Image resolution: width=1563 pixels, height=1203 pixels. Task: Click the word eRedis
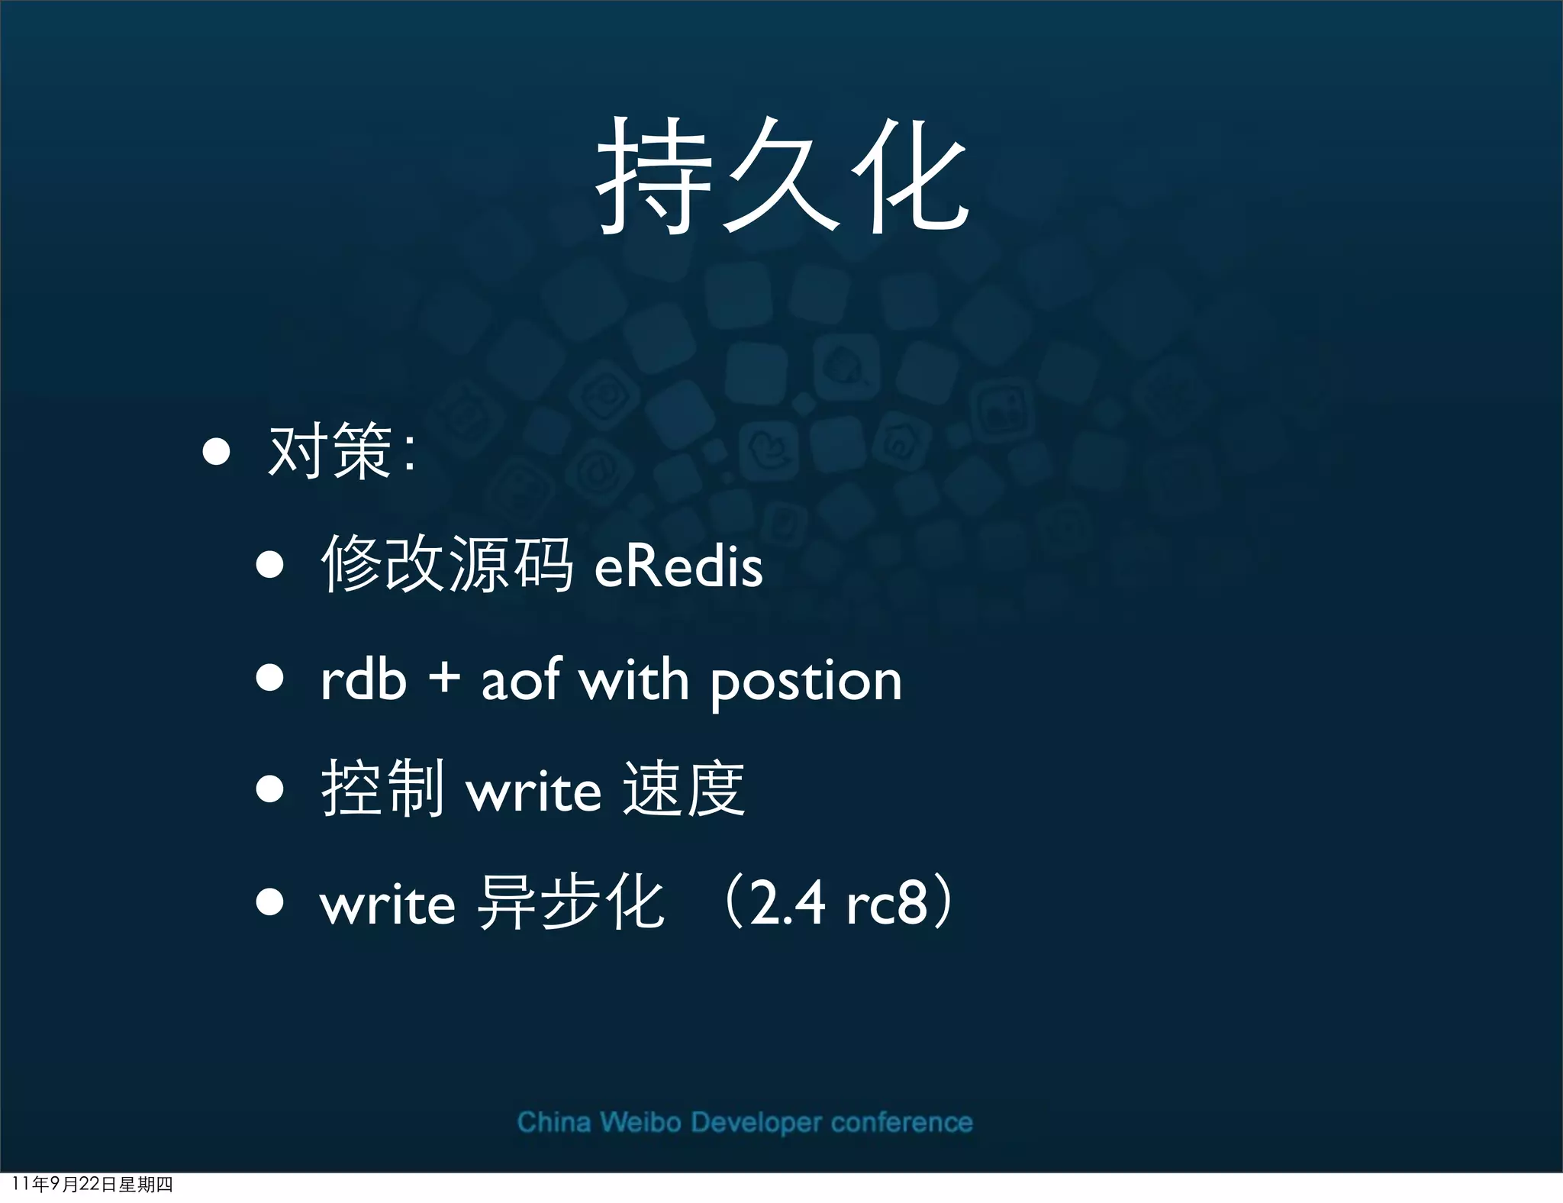(678, 566)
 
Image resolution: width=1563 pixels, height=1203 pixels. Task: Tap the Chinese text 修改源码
(446, 565)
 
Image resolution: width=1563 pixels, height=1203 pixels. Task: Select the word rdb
(363, 679)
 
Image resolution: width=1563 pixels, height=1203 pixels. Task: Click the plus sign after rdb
(444, 678)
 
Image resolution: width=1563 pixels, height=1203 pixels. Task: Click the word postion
(806, 682)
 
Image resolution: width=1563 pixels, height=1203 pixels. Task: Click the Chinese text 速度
(683, 789)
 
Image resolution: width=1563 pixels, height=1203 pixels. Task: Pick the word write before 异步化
(388, 905)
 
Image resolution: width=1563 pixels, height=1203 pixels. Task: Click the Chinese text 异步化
(570, 903)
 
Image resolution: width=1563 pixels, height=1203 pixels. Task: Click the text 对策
(330, 452)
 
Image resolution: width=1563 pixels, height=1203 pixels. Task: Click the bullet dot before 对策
(217, 451)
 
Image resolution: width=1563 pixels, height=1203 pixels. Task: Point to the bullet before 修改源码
(270, 566)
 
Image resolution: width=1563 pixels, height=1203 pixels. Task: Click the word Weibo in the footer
(640, 1122)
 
